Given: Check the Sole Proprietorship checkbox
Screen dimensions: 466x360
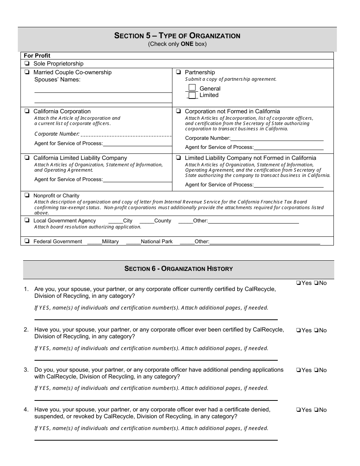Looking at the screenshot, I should coord(27,64).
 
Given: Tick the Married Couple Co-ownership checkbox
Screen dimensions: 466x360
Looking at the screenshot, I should coord(27,72).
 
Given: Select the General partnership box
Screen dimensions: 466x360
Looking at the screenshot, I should coord(192,88).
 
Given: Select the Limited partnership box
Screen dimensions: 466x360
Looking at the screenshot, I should coord(192,95).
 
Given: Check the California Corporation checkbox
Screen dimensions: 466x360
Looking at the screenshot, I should coord(27,111).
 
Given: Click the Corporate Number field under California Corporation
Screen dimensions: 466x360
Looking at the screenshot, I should coord(126,134).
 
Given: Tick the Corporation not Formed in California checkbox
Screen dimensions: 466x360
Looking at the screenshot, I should coord(178,111).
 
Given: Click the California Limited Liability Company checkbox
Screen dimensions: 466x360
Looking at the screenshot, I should coord(27,158).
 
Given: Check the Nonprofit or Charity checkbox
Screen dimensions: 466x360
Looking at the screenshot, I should coord(27,195).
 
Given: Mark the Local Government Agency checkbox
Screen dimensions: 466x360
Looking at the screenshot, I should coord(27,220).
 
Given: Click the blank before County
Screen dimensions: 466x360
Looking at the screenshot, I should coord(147,221).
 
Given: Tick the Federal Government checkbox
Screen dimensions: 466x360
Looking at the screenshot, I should coord(27,241).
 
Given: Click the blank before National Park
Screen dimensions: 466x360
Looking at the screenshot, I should coord(133,242).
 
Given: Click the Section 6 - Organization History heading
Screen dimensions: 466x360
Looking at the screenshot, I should coord(178,269).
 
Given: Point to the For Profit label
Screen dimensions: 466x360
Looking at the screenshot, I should coord(37,56).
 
